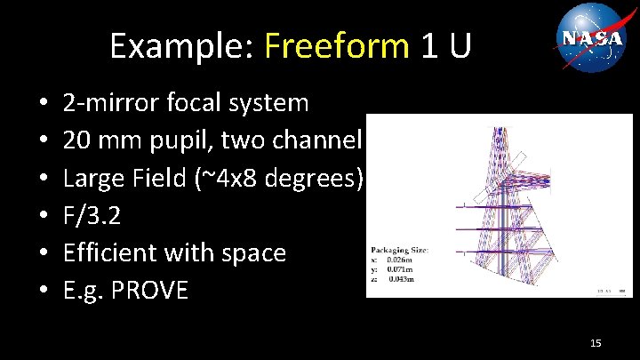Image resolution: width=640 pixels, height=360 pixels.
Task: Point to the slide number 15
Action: click(x=596, y=342)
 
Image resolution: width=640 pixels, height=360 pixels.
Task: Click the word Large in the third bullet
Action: click(x=91, y=179)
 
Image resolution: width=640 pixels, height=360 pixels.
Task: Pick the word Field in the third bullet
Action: click(x=156, y=179)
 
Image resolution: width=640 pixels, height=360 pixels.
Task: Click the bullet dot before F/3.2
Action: click(x=44, y=217)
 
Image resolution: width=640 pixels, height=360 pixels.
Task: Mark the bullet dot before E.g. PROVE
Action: click(x=44, y=292)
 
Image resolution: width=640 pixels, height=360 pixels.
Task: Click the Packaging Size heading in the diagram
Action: click(x=400, y=251)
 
